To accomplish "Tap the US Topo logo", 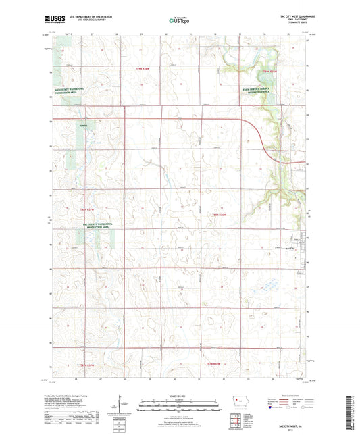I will point(179,21).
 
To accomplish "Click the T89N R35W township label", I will point(270,70).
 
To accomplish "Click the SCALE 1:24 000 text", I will point(180,396).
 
